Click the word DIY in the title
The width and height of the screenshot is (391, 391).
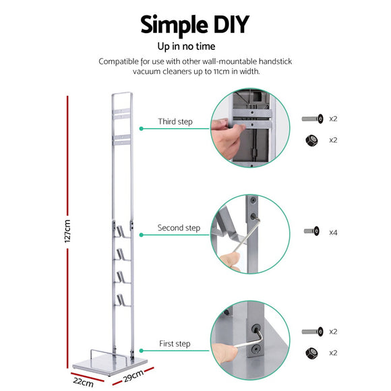pos(226,25)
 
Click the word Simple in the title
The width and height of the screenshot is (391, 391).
pos(171,26)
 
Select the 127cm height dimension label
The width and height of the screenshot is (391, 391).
pos(68,231)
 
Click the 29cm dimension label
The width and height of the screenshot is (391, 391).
pos(135,375)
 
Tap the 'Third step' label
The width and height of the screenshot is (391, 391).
pos(175,122)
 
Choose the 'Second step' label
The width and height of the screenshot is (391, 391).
pos(179,229)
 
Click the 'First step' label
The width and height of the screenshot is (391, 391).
pos(175,344)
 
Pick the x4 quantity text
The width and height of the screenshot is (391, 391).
pos(333,232)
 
